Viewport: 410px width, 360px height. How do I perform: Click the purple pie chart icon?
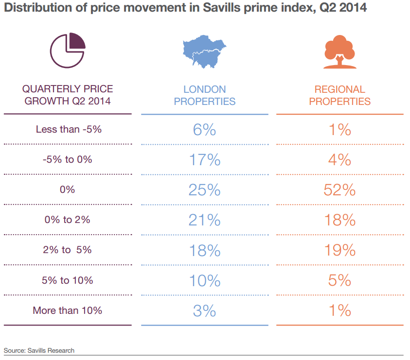[68, 50]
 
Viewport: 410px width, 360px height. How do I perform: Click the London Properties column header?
[205, 95]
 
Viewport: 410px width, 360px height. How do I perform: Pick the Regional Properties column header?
[339, 95]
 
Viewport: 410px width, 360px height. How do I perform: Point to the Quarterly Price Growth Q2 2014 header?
[68, 95]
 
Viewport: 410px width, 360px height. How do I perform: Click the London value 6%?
[205, 130]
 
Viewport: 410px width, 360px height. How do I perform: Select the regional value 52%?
[339, 190]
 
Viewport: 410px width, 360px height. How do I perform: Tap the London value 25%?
[205, 190]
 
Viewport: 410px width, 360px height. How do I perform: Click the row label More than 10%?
[68, 310]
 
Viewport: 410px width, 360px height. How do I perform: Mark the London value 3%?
[205, 310]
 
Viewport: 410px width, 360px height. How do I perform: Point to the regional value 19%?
[339, 250]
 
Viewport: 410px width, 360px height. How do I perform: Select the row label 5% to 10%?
[68, 280]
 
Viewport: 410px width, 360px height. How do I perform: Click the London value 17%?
[205, 160]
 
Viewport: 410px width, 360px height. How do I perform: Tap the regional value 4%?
[339, 160]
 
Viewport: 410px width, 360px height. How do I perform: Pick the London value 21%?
[205, 220]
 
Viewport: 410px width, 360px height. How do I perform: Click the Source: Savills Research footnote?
[39, 350]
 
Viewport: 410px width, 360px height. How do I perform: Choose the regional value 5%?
[339, 280]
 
